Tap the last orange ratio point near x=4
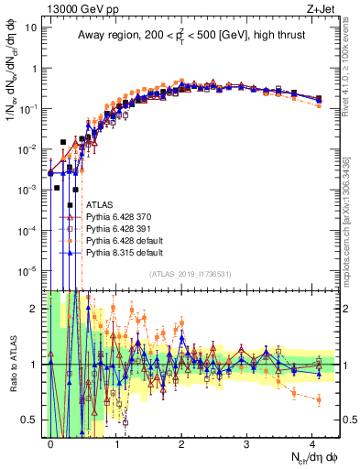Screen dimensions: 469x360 (318, 399)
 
